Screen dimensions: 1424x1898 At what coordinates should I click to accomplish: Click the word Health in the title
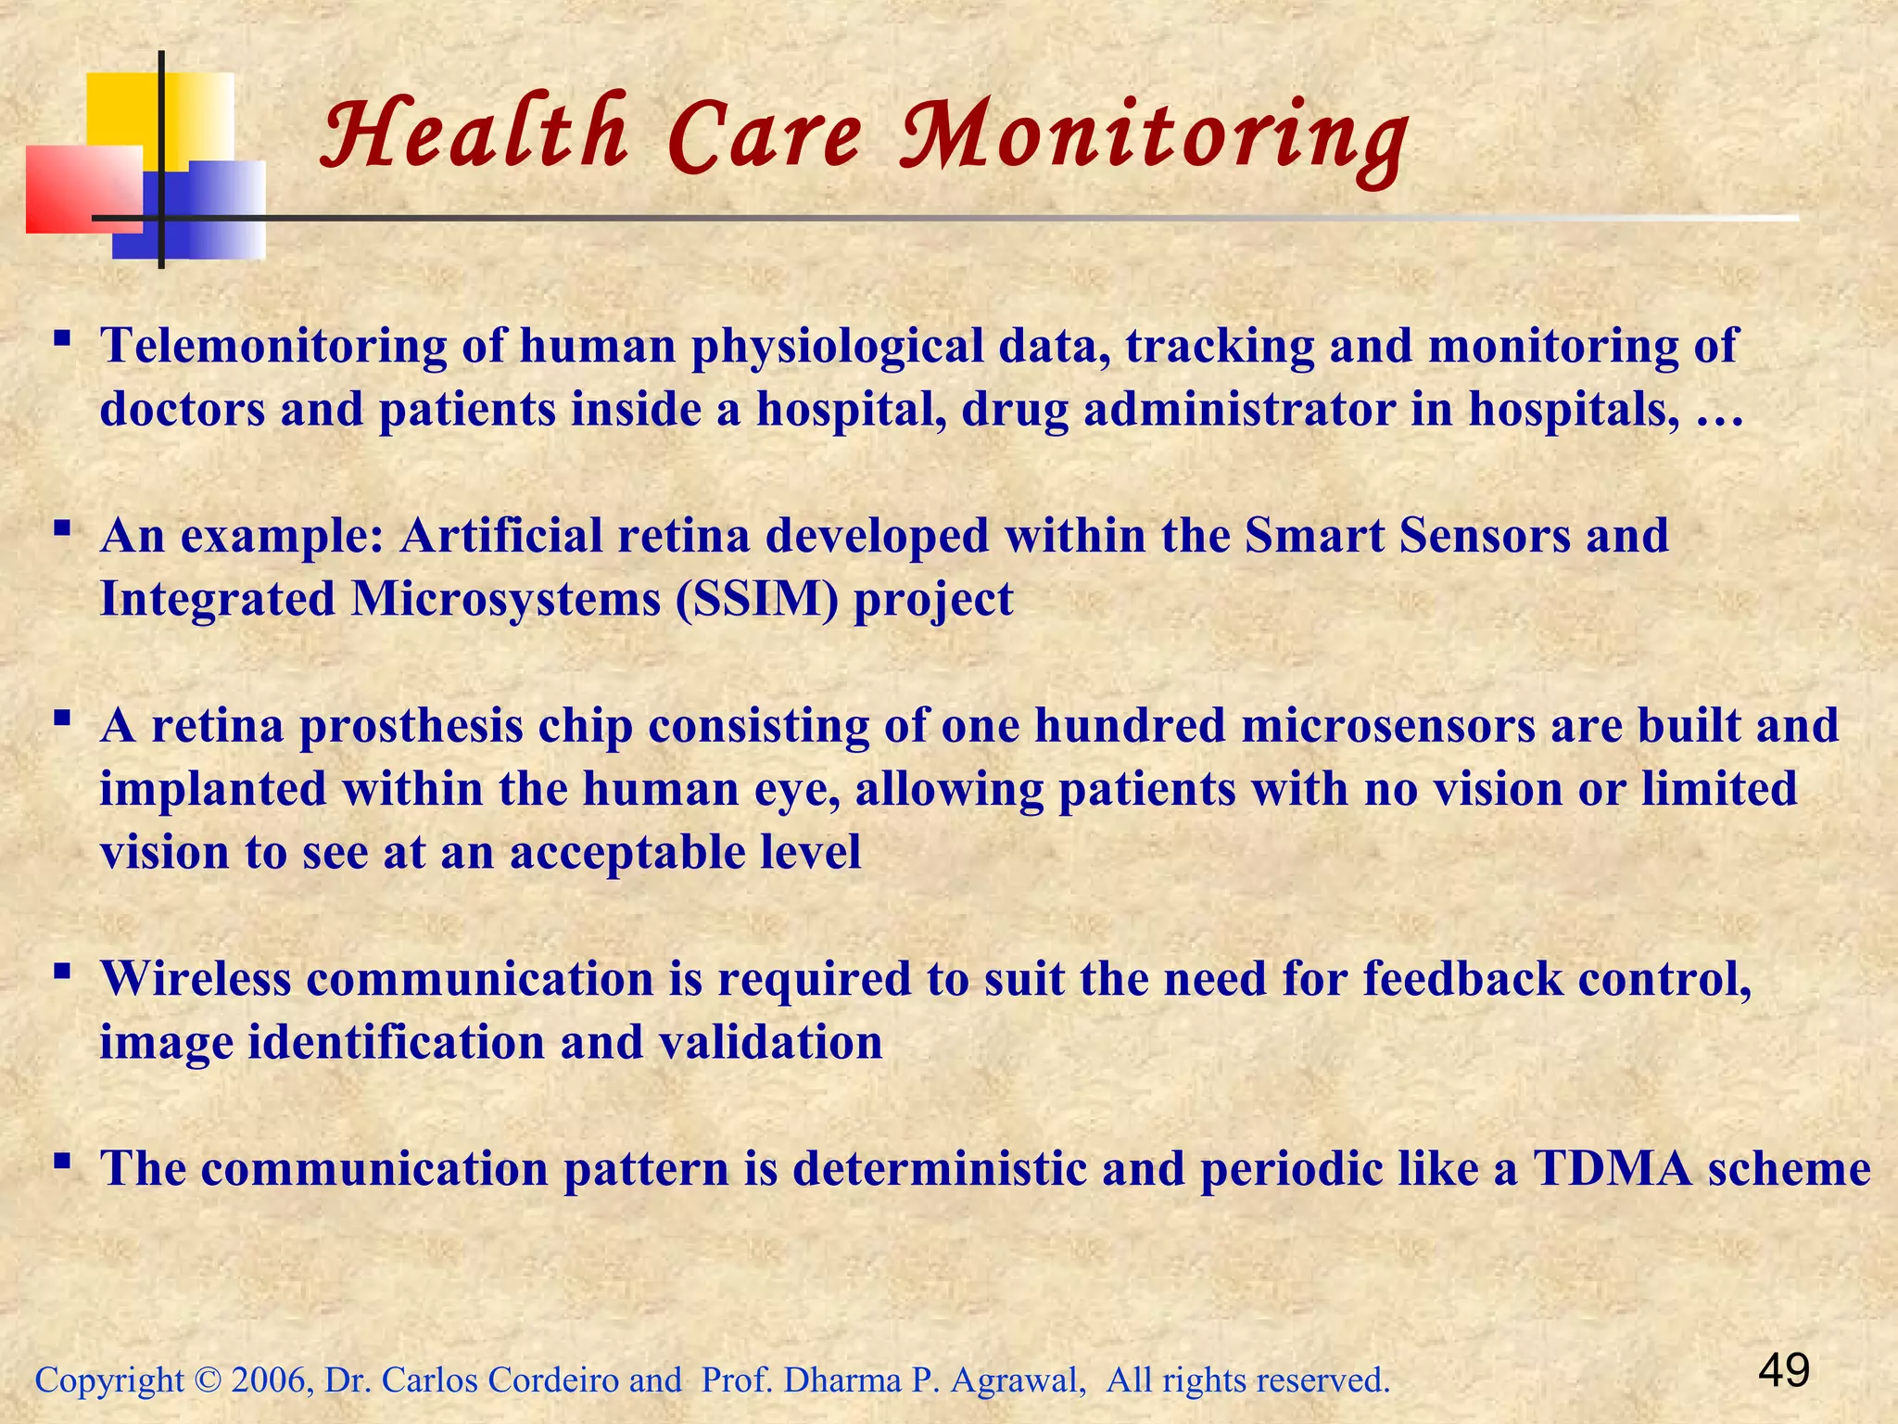click(x=474, y=137)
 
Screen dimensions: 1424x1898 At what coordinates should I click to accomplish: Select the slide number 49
click(x=1784, y=1370)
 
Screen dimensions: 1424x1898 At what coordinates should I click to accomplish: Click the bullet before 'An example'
click(x=62, y=529)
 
